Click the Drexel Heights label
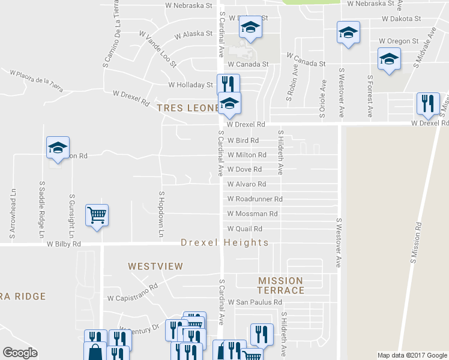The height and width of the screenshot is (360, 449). (225, 242)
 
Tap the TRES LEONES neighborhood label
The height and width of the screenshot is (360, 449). (187, 108)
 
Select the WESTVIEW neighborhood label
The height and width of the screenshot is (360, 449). (155, 266)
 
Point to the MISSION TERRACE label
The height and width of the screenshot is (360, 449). (282, 285)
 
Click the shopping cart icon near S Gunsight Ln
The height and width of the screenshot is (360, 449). (97, 215)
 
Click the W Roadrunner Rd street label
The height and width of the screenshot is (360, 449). (255, 199)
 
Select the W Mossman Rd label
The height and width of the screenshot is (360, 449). (252, 214)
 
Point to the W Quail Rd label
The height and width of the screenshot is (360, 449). (245, 229)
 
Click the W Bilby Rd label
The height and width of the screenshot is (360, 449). (59, 244)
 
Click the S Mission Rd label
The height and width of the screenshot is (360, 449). (414, 244)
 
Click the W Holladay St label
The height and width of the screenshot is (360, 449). (191, 85)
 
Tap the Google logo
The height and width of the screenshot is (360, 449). (20, 353)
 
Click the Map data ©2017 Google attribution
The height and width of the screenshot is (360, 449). (412, 355)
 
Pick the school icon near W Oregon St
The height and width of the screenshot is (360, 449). (388, 60)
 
